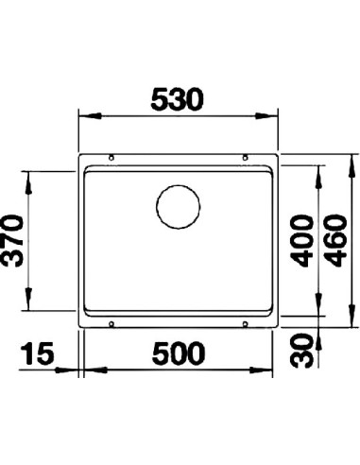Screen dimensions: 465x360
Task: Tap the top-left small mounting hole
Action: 112,157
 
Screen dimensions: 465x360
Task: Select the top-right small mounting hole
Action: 245,157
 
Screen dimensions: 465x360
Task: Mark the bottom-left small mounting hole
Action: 112,323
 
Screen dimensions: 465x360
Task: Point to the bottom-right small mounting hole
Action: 245,323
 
